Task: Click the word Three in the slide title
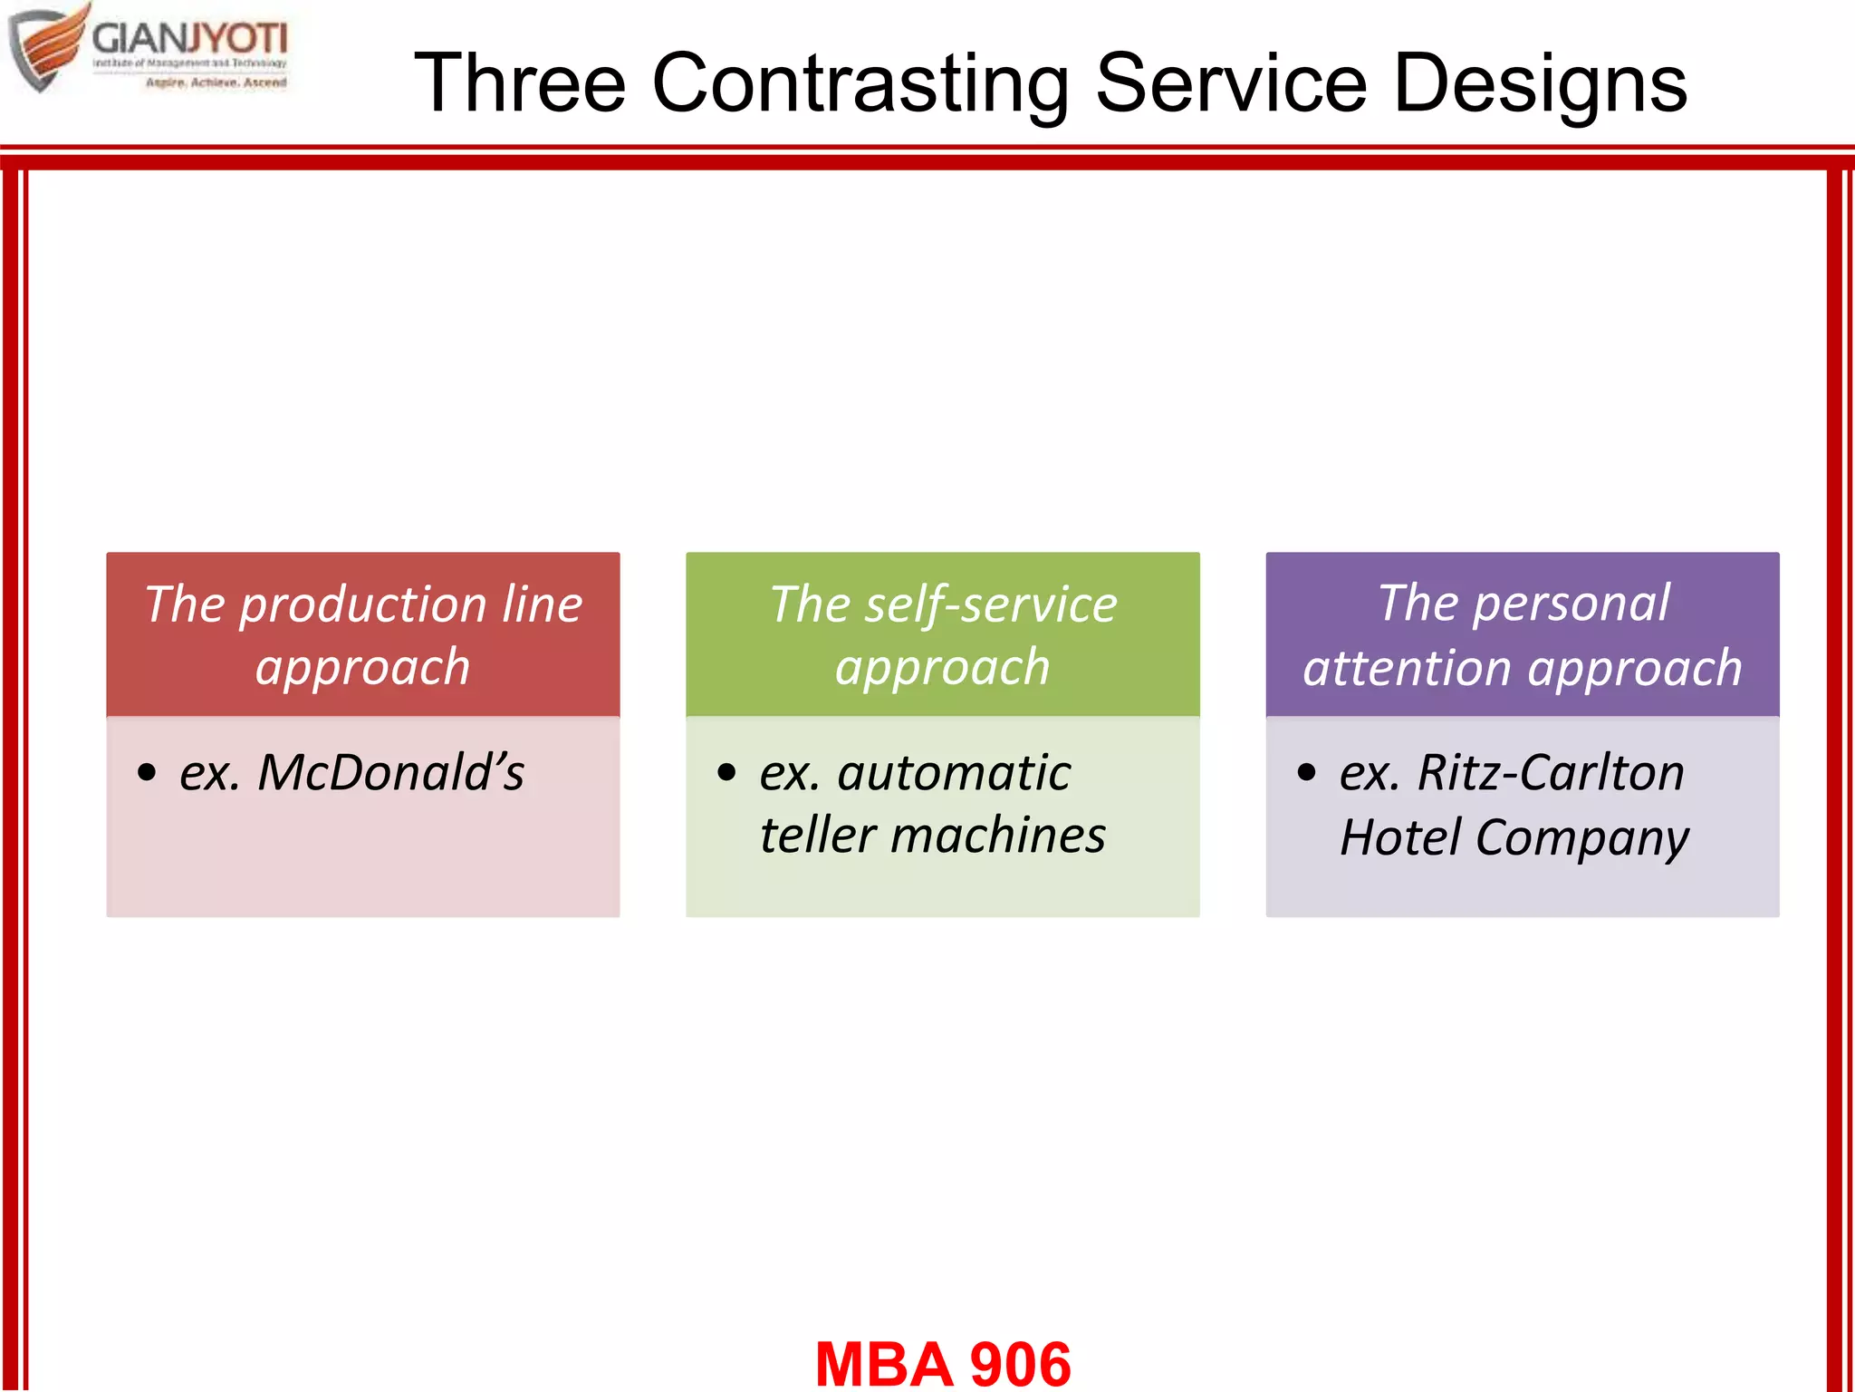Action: (x=520, y=83)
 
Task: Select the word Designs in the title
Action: (x=1540, y=83)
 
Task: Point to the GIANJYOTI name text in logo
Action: (x=189, y=39)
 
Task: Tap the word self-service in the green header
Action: (x=991, y=604)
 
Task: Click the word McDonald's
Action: (x=390, y=773)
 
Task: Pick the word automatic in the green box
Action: (x=954, y=773)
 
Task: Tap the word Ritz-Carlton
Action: (x=1551, y=773)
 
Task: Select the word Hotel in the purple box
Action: (x=1400, y=837)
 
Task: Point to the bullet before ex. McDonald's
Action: (x=147, y=773)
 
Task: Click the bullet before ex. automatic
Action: (x=726, y=773)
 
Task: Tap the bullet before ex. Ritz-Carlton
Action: (x=1306, y=773)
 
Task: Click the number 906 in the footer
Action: (x=1020, y=1364)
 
